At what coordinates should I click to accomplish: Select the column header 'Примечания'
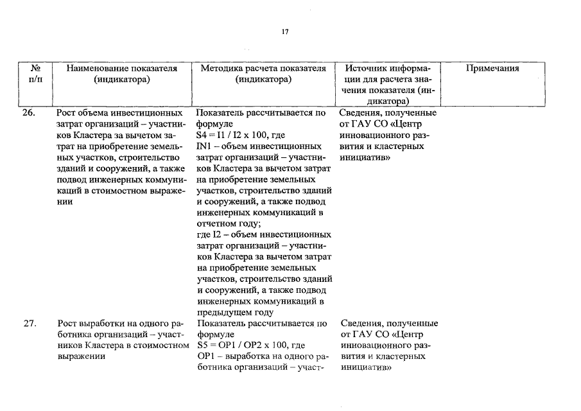coord(492,69)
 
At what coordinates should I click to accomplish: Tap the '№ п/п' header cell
coord(37,74)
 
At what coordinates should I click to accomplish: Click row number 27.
coord(30,324)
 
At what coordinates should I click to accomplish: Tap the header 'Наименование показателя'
coord(121,69)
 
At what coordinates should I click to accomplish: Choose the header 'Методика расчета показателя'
coord(263,69)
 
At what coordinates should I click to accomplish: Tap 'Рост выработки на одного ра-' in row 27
coord(119,324)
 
